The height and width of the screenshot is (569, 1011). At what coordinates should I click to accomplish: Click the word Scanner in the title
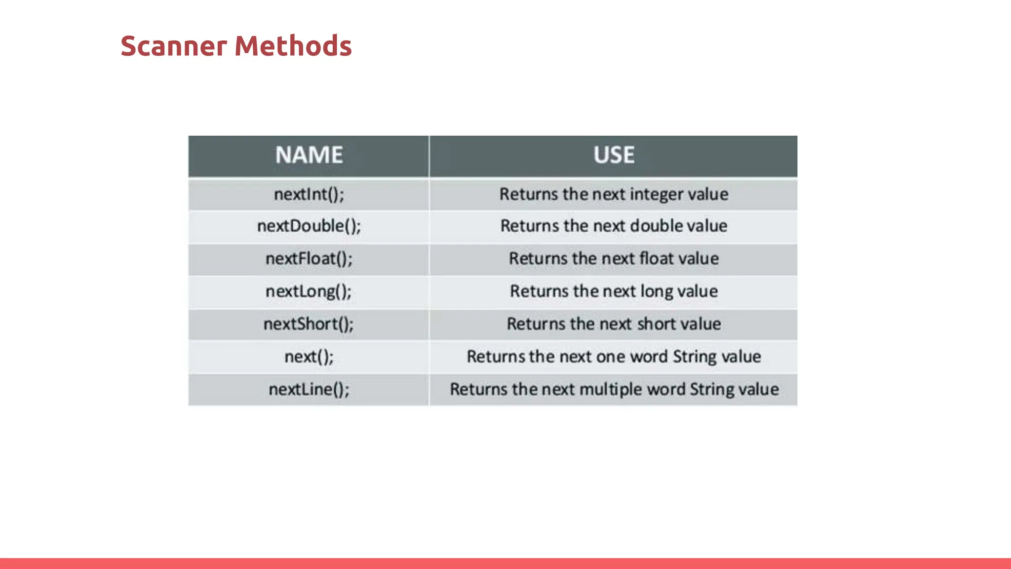pyautogui.click(x=173, y=46)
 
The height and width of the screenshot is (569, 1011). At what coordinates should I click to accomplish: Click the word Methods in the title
pyautogui.click(x=293, y=46)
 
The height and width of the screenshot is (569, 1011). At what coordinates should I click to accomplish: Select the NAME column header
pyautogui.click(x=309, y=155)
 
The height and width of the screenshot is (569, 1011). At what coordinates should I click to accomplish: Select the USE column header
pyautogui.click(x=614, y=155)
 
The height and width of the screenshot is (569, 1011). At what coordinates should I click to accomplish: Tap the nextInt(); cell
pyautogui.click(x=309, y=195)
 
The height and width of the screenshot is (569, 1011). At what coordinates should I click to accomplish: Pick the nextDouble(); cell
pyautogui.click(x=309, y=226)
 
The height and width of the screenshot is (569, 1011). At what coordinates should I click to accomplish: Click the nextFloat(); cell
pyautogui.click(x=309, y=259)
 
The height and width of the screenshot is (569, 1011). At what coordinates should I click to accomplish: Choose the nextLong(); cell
pyautogui.click(x=309, y=291)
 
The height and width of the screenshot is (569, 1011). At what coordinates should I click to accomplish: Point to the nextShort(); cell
pyautogui.click(x=309, y=324)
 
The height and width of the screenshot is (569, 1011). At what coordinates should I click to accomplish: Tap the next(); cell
pyautogui.click(x=309, y=357)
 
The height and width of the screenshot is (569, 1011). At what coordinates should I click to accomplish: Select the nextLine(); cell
pyautogui.click(x=309, y=389)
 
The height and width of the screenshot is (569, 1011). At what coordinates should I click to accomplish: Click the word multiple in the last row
pyautogui.click(x=611, y=389)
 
